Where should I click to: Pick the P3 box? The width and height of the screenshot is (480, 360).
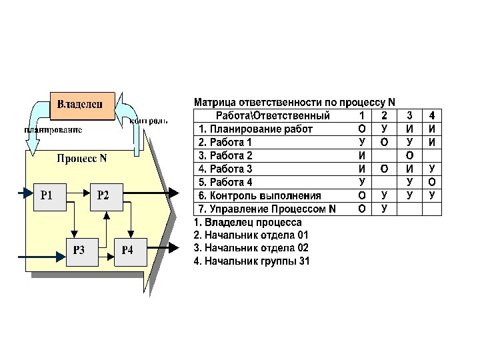79,250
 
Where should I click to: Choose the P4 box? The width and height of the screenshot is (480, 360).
127,250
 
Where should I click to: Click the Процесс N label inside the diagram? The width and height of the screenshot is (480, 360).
81,159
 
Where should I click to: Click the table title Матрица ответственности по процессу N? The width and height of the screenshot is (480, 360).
294,103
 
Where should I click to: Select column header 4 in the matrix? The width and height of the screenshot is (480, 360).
432,116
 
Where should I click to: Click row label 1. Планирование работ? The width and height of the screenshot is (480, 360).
255,129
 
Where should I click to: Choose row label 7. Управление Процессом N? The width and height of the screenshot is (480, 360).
267,209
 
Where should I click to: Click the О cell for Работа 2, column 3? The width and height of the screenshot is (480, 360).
409,155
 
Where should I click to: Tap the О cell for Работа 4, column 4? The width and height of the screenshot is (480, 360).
432,182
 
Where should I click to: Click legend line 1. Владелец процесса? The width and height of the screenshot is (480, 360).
247,222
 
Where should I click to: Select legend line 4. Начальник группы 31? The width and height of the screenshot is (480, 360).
251,261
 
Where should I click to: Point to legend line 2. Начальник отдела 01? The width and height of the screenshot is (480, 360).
251,235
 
